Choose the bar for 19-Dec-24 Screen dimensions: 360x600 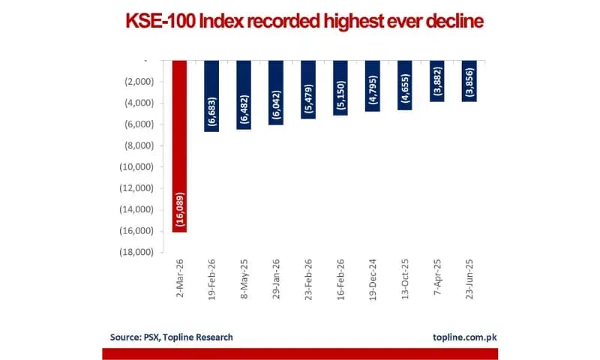click(373, 86)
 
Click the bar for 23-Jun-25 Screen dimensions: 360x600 click(469, 81)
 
